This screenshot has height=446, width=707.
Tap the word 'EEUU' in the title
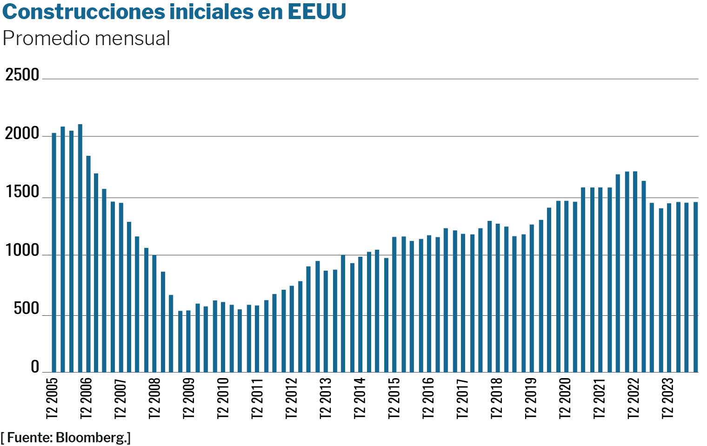pos(316,12)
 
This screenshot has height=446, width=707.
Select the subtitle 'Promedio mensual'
pos(87,38)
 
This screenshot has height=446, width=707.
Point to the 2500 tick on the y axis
pos(22,74)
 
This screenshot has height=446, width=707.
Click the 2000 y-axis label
pos(22,133)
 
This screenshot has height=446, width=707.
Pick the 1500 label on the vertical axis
pos(22,192)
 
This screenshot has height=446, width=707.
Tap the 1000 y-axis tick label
pos(22,251)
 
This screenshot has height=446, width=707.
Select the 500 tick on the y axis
pos(27,309)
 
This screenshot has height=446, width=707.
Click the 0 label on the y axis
pos(35,367)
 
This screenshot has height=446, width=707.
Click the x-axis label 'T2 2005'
pos(53,398)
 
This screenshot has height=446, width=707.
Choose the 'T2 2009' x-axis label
pos(189,398)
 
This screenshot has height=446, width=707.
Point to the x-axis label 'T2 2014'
pos(360,398)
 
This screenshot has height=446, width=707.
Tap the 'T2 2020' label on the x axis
pos(565,398)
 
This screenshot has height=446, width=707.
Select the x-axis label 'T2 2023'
pos(668,398)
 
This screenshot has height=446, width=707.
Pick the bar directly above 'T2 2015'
pos(394,305)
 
